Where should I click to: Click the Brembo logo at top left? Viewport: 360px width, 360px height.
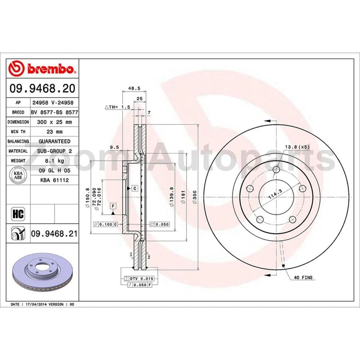(x=42, y=68)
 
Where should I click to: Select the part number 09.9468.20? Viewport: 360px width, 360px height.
(x=42, y=88)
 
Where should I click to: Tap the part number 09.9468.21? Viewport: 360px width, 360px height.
(x=54, y=234)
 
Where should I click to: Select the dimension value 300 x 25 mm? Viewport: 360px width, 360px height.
(x=54, y=122)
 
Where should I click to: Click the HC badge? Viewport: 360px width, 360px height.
(x=18, y=214)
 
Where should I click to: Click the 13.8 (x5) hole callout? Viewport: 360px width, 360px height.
(x=297, y=147)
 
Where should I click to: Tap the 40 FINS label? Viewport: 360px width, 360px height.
(x=303, y=277)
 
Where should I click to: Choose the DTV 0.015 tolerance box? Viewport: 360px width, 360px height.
(x=136, y=279)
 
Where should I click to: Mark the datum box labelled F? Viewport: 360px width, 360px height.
(x=113, y=205)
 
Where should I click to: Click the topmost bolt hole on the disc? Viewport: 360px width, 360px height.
(x=277, y=169)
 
